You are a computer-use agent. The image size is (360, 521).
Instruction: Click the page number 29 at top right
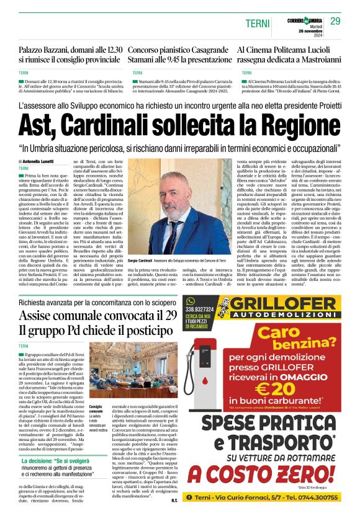click(335, 22)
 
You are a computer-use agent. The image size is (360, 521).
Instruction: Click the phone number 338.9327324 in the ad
click(199, 308)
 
